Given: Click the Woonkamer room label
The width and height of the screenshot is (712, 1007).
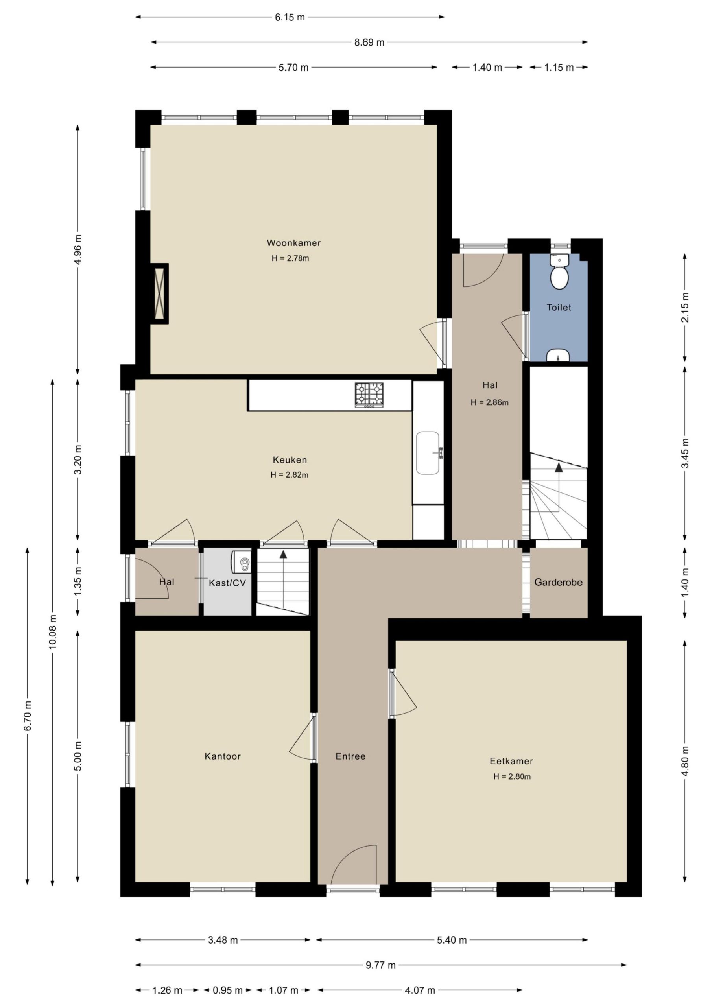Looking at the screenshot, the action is pyautogui.click(x=293, y=243).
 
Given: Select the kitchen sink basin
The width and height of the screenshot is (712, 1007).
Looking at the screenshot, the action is pyautogui.click(x=428, y=453).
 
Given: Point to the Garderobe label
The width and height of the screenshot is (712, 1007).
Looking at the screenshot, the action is pyautogui.click(x=559, y=583).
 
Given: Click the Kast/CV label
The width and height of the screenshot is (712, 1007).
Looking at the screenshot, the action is pyautogui.click(x=227, y=583).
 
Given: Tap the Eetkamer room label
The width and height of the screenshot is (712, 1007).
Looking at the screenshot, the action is pyautogui.click(x=511, y=761).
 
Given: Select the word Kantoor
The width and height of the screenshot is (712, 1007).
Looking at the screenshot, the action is pyautogui.click(x=223, y=756).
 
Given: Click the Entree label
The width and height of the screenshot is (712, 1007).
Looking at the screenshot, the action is pyautogui.click(x=350, y=756).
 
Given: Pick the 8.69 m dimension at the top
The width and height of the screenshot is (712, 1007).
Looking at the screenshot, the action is pyautogui.click(x=369, y=42).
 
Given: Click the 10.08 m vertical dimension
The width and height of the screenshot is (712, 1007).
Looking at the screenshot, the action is pyautogui.click(x=53, y=632).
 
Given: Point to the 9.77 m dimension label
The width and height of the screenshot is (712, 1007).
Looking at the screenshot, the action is pyautogui.click(x=381, y=965).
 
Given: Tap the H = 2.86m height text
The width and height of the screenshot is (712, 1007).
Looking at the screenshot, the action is pyautogui.click(x=490, y=402).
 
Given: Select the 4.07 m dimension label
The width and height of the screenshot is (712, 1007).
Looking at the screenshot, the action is pyautogui.click(x=420, y=990).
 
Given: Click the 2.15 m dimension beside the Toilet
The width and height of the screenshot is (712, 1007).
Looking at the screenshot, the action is pyautogui.click(x=685, y=307).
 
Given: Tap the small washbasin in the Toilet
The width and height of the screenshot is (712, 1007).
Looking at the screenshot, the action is pyautogui.click(x=558, y=356).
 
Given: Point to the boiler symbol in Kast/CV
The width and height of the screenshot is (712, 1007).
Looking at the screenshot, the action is pyautogui.click(x=241, y=562).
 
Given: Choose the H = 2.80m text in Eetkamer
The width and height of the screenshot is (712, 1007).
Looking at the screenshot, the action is pyautogui.click(x=512, y=776).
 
